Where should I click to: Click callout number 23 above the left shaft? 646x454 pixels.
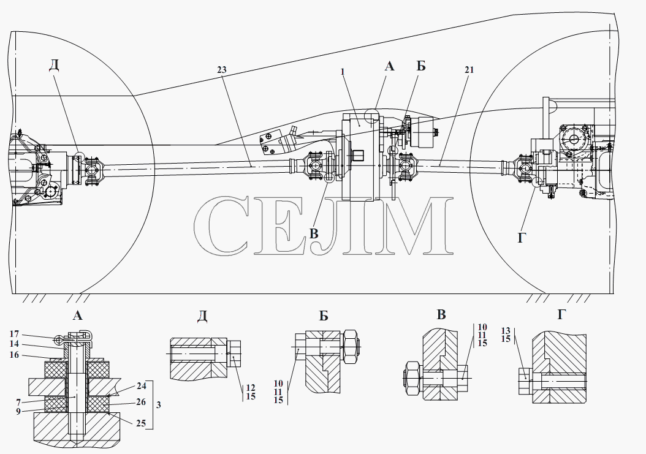222,70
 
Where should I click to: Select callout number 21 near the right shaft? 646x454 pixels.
469,70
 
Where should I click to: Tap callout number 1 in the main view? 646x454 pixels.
343,72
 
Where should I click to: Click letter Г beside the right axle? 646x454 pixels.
522,237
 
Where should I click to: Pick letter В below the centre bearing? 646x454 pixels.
314,233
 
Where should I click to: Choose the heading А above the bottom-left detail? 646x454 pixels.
77,316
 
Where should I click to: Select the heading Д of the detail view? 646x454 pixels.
202,316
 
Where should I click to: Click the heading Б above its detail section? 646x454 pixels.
324,316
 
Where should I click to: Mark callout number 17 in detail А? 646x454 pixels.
14,334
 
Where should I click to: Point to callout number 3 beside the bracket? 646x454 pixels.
159,405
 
